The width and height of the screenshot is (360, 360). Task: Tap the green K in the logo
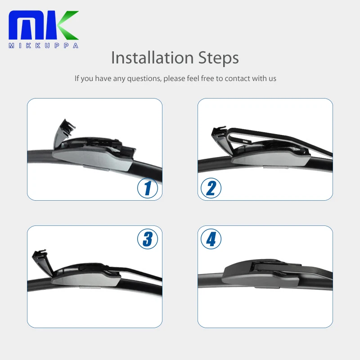click(66, 26)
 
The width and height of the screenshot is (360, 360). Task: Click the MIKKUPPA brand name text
click(43, 45)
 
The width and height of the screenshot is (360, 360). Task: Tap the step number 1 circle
click(148, 188)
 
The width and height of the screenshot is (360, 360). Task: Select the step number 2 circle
click(211, 188)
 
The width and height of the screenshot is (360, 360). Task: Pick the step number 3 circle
click(148, 238)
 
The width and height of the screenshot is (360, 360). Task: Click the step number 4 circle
click(211, 238)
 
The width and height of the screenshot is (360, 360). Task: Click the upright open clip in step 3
click(41, 262)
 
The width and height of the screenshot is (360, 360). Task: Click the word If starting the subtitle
click(77, 78)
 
